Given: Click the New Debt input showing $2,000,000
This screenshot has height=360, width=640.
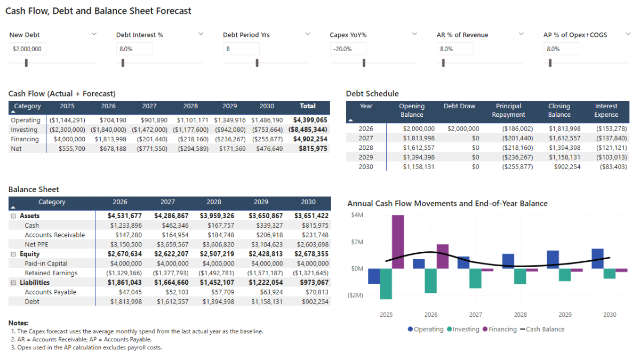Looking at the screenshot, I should [x=27, y=49].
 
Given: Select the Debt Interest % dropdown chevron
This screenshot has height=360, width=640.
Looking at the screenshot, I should [x=201, y=34].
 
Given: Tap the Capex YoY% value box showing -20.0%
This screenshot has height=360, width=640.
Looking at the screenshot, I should [x=348, y=49].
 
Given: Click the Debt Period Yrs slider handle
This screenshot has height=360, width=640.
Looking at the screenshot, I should [x=257, y=63].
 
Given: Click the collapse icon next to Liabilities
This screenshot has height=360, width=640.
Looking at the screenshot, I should [x=13, y=283].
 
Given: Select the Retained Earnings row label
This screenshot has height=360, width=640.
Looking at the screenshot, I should [x=51, y=273].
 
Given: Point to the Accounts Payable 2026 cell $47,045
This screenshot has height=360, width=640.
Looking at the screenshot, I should [x=126, y=292].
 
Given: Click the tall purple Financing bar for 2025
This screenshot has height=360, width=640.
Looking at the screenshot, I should [x=397, y=242].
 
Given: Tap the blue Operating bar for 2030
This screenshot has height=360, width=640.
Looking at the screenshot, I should [x=598, y=259].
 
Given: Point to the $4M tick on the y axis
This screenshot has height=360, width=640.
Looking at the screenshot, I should [x=357, y=215].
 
